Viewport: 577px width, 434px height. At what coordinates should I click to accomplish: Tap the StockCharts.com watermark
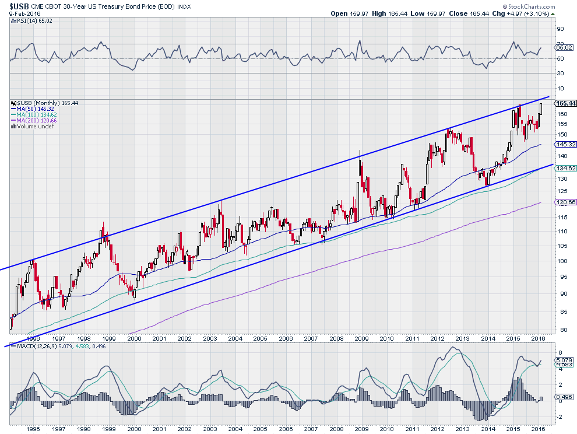(529, 6)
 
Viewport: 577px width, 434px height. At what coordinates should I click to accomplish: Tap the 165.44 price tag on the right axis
(566, 103)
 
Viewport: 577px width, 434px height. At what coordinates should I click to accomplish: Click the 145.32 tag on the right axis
(565, 145)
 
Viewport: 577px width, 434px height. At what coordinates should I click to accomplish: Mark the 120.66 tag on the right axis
(565, 202)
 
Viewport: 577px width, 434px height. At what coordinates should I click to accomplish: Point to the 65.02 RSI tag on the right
(564, 47)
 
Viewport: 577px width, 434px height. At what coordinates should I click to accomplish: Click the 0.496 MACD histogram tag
(564, 397)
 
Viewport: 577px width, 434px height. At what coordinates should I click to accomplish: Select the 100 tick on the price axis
(562, 261)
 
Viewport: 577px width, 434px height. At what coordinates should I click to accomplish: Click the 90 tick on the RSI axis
(561, 29)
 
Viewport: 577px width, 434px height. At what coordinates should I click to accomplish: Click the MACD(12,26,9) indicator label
(37, 346)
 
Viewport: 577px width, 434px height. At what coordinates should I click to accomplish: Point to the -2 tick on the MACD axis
(560, 417)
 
